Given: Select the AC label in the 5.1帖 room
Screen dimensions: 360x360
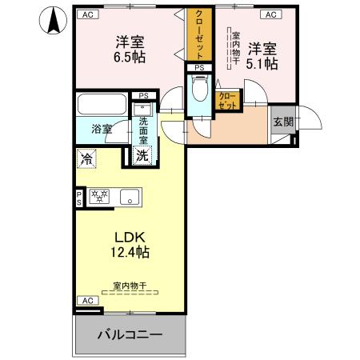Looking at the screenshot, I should (270, 14).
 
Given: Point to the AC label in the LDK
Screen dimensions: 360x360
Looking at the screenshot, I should (86, 300).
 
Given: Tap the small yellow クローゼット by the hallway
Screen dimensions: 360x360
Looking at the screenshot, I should (227, 100).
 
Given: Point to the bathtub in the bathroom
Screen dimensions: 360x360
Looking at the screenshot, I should (101, 106).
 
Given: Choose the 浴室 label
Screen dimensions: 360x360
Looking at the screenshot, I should (101, 129).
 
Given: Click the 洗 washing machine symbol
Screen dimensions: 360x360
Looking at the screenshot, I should (142, 155).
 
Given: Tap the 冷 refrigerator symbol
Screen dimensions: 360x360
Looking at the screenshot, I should (86, 158).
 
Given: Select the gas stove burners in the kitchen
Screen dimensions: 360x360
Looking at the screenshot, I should (99, 195).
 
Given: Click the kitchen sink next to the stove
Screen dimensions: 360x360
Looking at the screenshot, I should (130, 196).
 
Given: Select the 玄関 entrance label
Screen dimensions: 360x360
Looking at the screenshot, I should (282, 122).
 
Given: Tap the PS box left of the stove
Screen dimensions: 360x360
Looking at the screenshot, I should (79, 196).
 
